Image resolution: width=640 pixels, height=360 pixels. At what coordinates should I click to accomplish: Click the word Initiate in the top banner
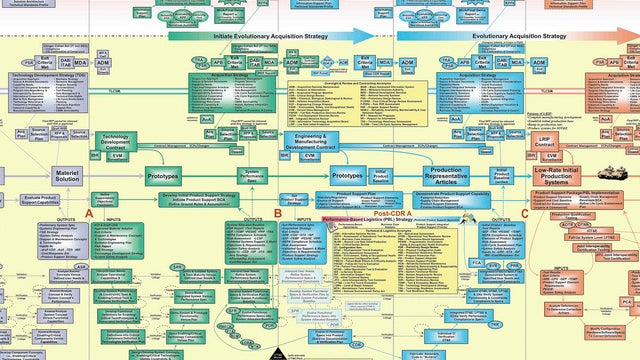230,35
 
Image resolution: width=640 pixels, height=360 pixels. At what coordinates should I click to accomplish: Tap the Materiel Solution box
68,175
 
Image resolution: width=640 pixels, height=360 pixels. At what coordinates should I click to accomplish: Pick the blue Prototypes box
347,175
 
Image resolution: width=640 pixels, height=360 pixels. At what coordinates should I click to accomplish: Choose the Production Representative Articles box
431,175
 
